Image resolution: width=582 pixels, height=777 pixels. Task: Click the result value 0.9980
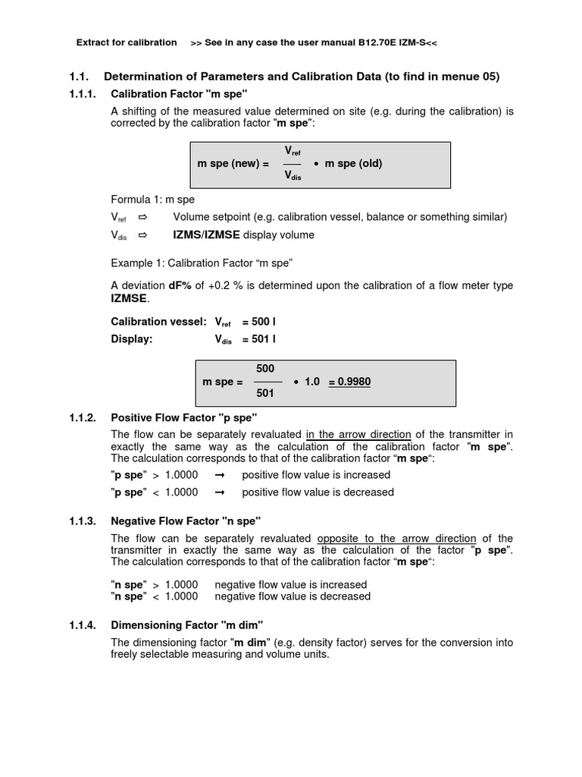coord(349,382)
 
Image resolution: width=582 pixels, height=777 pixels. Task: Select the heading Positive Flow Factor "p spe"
coord(184,417)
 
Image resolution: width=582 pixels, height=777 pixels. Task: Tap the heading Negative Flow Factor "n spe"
coord(186,521)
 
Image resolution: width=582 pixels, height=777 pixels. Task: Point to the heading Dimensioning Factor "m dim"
coord(186,625)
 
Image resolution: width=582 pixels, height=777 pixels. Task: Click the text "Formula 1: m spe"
coord(152,200)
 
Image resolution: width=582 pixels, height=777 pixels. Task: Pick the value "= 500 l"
coord(259,322)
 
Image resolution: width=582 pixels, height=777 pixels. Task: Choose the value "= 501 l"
coord(259,339)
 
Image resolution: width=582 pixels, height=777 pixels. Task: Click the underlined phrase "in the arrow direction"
coord(358,434)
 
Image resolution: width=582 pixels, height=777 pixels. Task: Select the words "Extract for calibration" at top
coord(127,42)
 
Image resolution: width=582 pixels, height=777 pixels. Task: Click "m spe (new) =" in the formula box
coord(233,164)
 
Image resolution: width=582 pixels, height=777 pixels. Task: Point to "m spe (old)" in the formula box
coord(353,164)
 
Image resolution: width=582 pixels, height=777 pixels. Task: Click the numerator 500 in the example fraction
coord(265,369)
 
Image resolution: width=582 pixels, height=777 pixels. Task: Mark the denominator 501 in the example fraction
coord(265,394)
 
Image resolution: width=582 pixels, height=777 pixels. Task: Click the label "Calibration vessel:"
coord(158,322)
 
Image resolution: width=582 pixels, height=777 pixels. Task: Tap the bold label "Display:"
coord(132,339)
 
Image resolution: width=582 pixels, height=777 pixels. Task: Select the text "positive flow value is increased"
coord(316,475)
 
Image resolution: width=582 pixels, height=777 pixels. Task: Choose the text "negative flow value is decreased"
coord(293,596)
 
